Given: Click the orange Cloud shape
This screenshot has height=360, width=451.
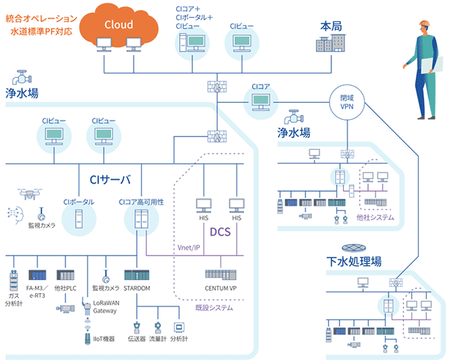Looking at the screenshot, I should coord(118,26).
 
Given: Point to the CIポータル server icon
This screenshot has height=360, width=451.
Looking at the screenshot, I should coord(79,219).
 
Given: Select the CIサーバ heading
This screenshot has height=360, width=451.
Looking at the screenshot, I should coord(109,179).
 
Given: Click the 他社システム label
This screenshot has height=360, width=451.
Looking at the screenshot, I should coord(375,218).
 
